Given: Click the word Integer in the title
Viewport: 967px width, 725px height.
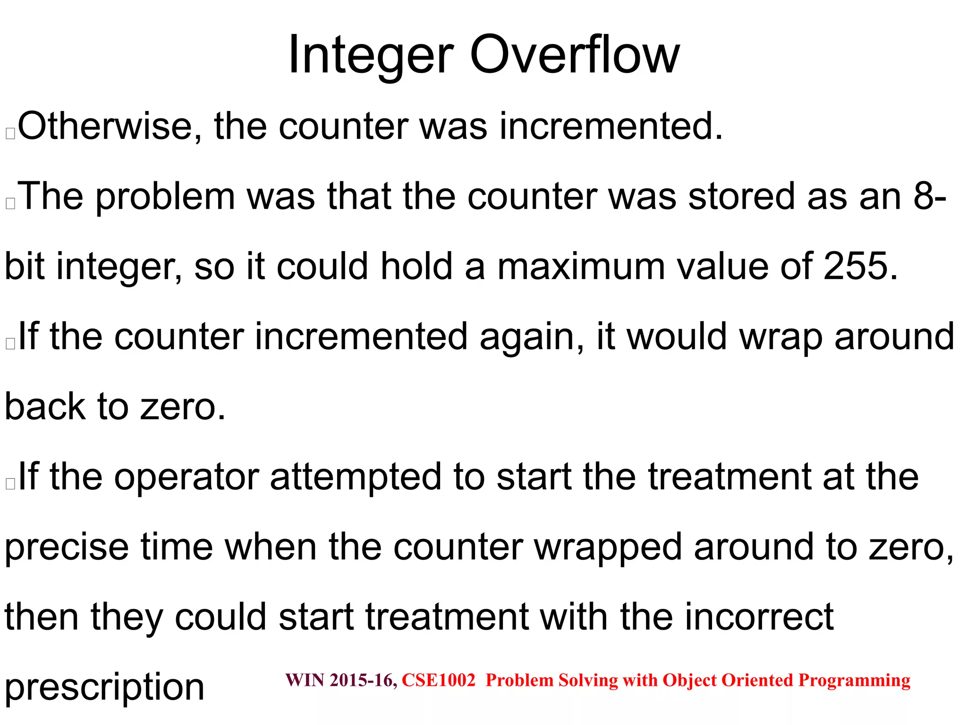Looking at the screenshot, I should (371, 56).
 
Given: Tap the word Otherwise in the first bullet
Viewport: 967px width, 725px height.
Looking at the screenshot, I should (104, 126).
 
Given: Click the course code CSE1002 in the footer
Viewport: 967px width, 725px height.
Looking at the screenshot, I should (438, 680).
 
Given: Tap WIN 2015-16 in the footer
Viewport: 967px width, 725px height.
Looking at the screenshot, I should (341, 680).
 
